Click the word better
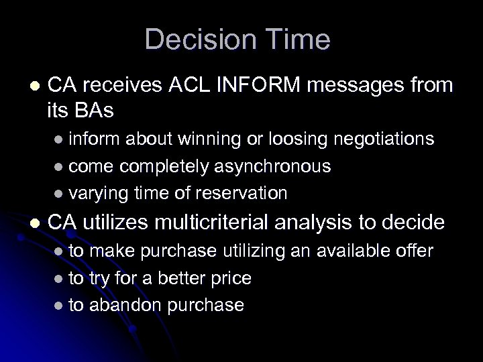[x=162, y=278]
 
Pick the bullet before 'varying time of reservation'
[x=58, y=194]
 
